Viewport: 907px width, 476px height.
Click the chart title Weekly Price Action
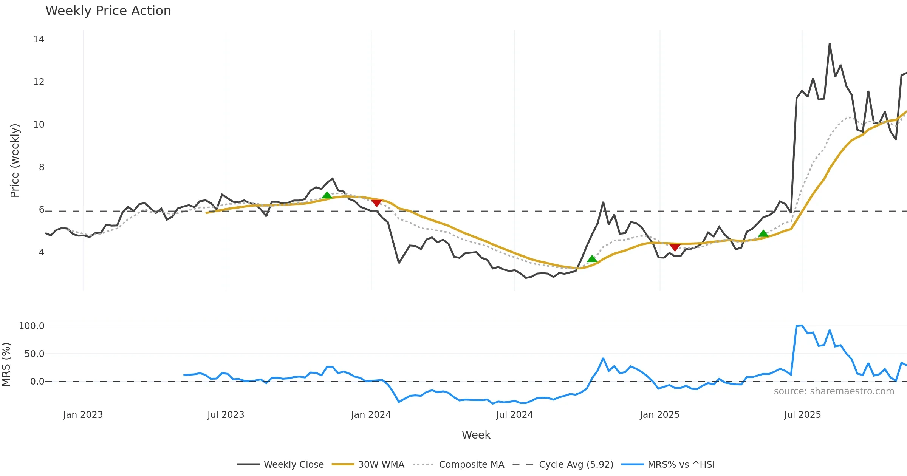(x=108, y=11)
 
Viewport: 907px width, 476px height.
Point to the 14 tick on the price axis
(x=39, y=39)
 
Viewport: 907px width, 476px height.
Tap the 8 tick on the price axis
(x=42, y=167)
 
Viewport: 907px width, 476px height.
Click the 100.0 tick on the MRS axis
(x=32, y=326)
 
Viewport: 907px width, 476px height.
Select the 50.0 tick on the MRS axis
(x=34, y=354)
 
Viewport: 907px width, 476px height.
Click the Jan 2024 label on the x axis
(x=371, y=415)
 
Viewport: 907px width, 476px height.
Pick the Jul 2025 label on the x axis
(x=802, y=415)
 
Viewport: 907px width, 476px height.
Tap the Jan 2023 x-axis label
(x=83, y=415)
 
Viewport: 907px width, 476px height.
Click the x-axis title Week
(x=476, y=435)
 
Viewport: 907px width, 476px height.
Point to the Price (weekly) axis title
(x=15, y=161)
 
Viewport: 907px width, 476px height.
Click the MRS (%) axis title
(x=6, y=365)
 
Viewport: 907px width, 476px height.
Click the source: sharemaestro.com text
(x=834, y=391)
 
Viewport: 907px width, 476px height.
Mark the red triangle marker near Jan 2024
(x=376, y=203)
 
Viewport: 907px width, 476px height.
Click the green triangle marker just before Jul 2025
(x=763, y=233)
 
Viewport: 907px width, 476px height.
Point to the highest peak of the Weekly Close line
(x=830, y=44)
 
